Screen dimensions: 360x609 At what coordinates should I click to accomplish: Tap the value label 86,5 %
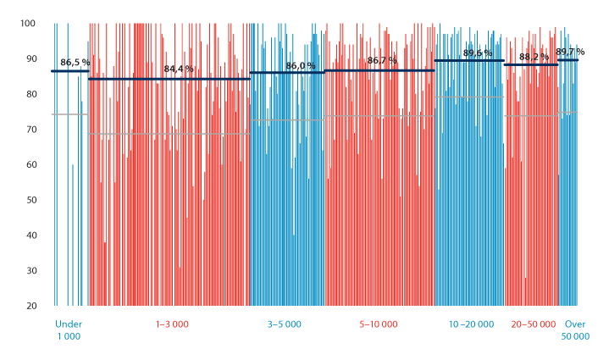pyautogui.click(x=75, y=63)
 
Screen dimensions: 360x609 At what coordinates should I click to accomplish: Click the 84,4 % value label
pyautogui.click(x=179, y=69)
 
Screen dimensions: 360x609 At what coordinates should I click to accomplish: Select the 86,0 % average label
pyautogui.click(x=301, y=65)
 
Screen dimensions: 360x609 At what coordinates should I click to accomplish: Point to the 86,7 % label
pyautogui.click(x=382, y=61)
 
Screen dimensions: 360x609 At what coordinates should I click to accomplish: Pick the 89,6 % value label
pyautogui.click(x=478, y=53)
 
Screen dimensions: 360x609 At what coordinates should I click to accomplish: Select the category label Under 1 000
pyautogui.click(x=68, y=330)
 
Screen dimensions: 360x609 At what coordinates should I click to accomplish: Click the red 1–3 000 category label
pyautogui.click(x=172, y=324)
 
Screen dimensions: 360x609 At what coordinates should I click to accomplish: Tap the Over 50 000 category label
pyautogui.click(x=575, y=330)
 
